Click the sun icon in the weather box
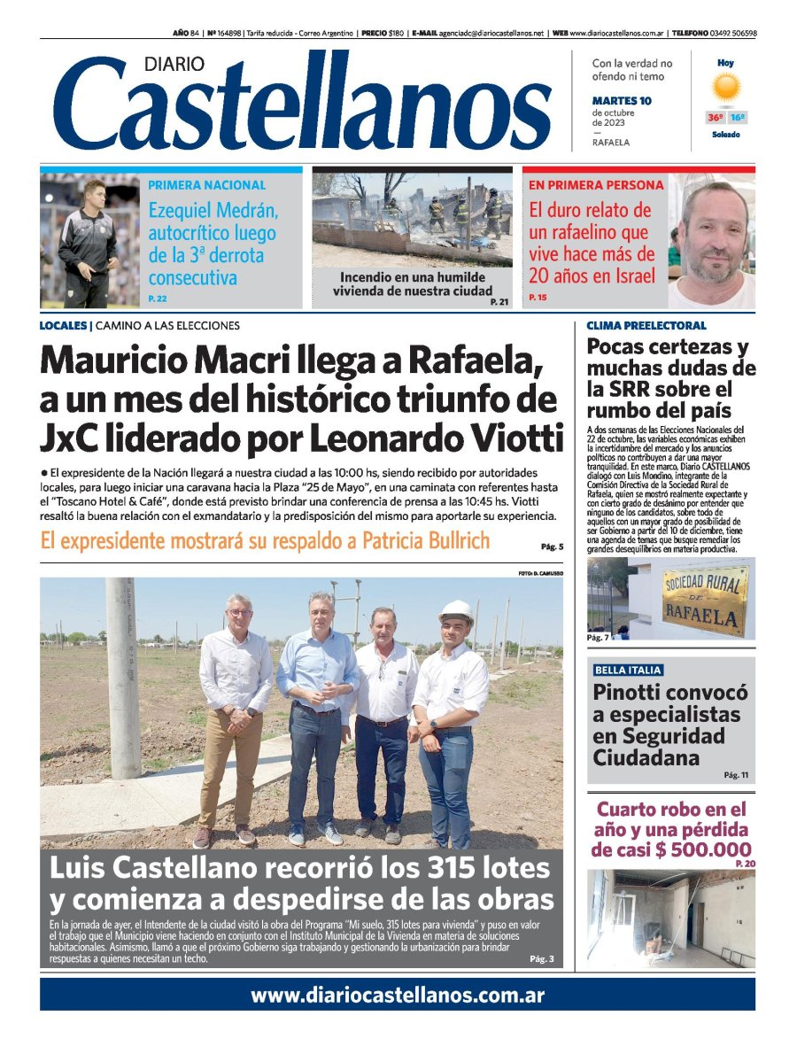tap(726, 86)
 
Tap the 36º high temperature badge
tap(714, 118)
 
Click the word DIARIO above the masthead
tap(173, 64)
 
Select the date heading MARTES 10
tap(622, 101)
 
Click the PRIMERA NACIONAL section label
tap(206, 185)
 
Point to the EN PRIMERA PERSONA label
tap(596, 185)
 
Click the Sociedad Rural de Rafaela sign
tap(705, 600)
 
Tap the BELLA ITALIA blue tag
tap(628, 671)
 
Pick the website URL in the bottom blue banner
tap(398, 995)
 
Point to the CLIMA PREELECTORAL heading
tap(646, 326)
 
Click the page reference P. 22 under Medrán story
tap(159, 299)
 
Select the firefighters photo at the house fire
tap(413, 219)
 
